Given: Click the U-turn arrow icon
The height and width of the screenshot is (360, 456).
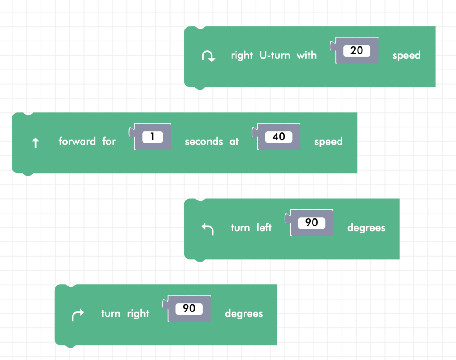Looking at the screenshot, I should pyautogui.click(x=208, y=56).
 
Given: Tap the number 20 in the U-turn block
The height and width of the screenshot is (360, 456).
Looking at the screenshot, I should pyautogui.click(x=357, y=51).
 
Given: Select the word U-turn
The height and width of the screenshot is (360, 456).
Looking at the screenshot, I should pyautogui.click(x=274, y=55).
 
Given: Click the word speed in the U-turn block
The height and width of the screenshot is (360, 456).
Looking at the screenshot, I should pyautogui.click(x=406, y=56).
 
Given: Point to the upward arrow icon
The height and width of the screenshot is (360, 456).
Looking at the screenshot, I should pyautogui.click(x=36, y=143).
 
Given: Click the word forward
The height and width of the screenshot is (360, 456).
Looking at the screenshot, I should pyautogui.click(x=77, y=142).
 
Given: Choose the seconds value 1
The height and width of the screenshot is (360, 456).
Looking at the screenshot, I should pyautogui.click(x=152, y=137).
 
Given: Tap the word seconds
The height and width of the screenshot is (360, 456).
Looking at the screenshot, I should pyautogui.click(x=204, y=142).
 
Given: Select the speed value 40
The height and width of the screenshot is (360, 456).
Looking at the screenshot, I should pyautogui.click(x=278, y=137).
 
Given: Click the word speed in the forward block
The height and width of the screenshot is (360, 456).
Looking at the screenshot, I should pyautogui.click(x=328, y=142).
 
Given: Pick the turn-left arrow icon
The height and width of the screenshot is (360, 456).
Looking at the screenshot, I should pyautogui.click(x=208, y=229).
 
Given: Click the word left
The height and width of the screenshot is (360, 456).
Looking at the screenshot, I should pyautogui.click(x=264, y=228).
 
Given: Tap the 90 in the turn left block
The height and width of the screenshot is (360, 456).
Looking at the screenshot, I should pyautogui.click(x=311, y=222).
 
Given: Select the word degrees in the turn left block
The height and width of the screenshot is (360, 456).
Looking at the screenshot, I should pyautogui.click(x=366, y=228).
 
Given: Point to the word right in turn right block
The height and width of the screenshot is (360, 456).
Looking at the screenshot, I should pyautogui.click(x=138, y=314).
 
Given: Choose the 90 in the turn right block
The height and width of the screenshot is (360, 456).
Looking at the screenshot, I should pyautogui.click(x=189, y=308).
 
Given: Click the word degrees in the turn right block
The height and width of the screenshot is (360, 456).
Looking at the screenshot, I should pyautogui.click(x=244, y=314).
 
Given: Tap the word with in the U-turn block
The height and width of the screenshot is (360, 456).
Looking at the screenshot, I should pyautogui.click(x=307, y=55).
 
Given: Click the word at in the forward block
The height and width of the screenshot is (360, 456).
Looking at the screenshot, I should pyautogui.click(x=234, y=142).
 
